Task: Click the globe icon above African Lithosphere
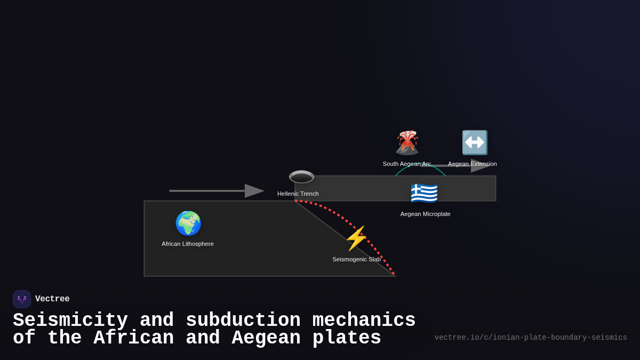coord(188,223)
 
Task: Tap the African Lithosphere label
coord(188,244)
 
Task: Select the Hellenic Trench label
coord(298,194)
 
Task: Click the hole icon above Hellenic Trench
coord(301,177)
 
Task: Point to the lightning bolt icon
coord(356,238)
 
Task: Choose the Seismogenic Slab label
coord(357,259)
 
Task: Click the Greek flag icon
coord(424,193)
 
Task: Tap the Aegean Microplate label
coord(426,214)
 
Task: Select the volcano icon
coord(407,142)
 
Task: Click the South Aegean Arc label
coord(406,164)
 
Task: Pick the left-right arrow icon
coord(475,142)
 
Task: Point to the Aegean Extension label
coord(473,164)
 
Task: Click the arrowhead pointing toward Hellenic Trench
coord(254,191)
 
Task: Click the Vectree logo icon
coord(22,299)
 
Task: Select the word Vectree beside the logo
coord(52,299)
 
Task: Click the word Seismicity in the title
coord(70,321)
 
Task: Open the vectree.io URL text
coord(531,338)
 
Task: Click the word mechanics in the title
coord(364,321)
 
